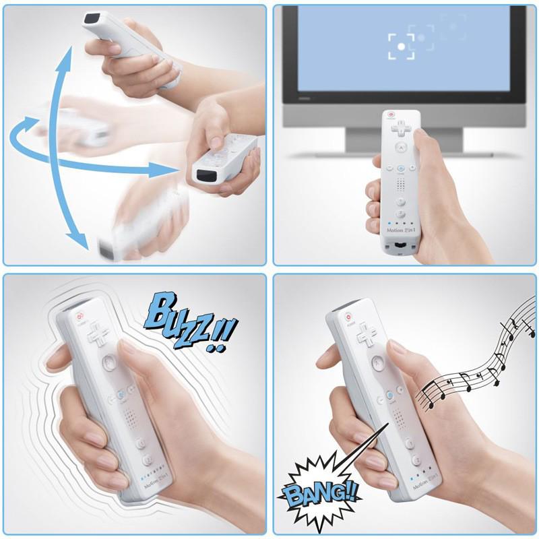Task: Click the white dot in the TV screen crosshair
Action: click(x=402, y=46)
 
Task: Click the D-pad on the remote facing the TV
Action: click(x=400, y=127)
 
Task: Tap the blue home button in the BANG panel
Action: click(x=391, y=395)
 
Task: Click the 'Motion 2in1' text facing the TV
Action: click(x=402, y=230)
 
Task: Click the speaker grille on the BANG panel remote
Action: click(x=399, y=421)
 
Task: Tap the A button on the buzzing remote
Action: click(x=108, y=364)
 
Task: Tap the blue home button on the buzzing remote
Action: click(x=119, y=395)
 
